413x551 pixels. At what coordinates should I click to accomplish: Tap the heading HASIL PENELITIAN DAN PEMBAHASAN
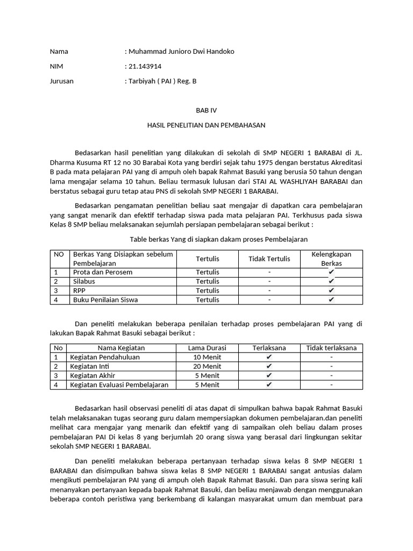point(206,125)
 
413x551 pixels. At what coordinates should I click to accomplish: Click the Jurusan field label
point(62,82)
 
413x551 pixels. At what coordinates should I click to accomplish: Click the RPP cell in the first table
point(80,291)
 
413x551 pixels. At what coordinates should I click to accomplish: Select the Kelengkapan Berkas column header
point(331,259)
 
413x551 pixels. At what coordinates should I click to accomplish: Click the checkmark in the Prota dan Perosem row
point(331,272)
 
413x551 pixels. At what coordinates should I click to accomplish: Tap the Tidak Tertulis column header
point(269,259)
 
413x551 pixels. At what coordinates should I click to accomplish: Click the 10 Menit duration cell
point(207,357)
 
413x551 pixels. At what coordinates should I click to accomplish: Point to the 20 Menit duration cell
point(207,366)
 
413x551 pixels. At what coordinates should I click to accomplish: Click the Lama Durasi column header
point(207,348)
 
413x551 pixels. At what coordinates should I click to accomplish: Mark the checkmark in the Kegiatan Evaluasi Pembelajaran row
point(269,385)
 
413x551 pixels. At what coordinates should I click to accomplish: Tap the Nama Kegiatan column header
point(122,348)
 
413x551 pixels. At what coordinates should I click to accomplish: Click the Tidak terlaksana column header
point(331,348)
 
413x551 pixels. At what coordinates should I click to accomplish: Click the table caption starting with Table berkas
point(219,239)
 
